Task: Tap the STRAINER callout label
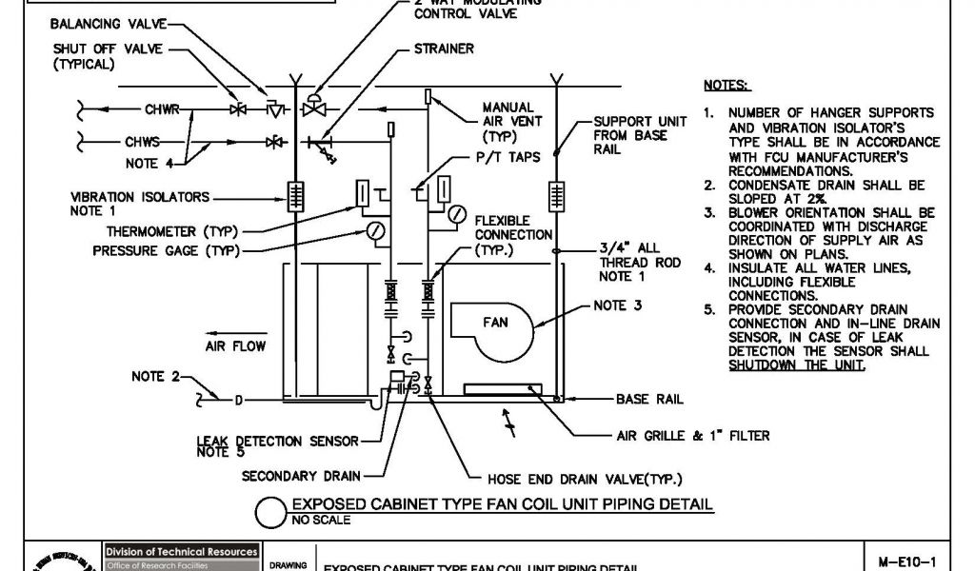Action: coord(444,49)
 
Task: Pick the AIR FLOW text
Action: coord(235,346)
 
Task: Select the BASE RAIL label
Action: coord(649,399)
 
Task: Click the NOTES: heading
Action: coord(726,85)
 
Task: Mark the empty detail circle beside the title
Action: coord(272,513)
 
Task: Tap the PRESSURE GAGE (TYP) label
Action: coord(166,251)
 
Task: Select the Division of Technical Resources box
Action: coord(181,552)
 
